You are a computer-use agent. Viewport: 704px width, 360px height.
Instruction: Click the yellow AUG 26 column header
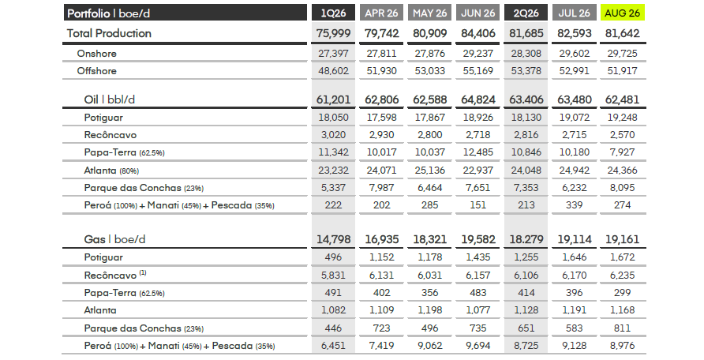pos(622,13)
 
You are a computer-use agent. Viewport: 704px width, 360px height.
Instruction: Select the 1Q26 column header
pos(333,13)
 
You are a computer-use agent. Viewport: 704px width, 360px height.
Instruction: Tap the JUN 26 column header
pos(477,13)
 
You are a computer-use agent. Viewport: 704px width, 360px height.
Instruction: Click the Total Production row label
pos(109,33)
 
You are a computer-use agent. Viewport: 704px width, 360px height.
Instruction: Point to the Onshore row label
pos(96,54)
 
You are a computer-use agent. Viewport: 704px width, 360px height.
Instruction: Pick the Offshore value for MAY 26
pos(429,71)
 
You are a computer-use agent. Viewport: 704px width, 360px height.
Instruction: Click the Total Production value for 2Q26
pos(526,33)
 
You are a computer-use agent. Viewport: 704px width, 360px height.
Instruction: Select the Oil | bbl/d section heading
pos(109,99)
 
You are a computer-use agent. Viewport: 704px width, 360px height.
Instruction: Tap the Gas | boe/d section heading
pos(114,239)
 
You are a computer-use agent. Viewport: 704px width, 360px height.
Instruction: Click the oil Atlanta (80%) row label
pos(111,171)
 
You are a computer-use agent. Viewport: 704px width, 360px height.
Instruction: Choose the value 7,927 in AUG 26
pos(622,152)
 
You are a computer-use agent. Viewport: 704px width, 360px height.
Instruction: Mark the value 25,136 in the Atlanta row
pos(429,171)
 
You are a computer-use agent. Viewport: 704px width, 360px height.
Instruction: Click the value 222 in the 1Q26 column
pos(333,205)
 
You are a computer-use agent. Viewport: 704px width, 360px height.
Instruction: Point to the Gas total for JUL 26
pos(575,239)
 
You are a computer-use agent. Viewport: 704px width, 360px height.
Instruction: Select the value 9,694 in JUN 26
pos(477,346)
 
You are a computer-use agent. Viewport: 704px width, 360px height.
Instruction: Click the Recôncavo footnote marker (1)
pos(143,272)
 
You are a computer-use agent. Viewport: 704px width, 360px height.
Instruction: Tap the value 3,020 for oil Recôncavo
pos(333,135)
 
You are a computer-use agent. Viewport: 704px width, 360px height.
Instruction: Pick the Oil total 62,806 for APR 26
pos(382,99)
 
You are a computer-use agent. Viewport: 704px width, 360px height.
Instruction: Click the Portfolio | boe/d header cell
pos(185,13)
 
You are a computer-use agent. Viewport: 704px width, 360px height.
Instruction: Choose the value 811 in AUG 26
pos(622,328)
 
